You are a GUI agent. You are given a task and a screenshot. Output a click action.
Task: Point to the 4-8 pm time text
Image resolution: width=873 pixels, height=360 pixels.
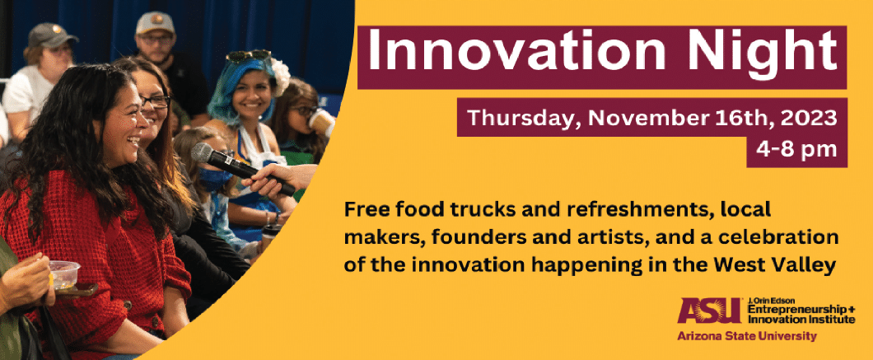796,150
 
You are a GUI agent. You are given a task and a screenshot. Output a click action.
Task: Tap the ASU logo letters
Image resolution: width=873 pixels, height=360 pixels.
709,311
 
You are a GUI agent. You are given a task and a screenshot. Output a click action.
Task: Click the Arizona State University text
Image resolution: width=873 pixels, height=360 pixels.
747,336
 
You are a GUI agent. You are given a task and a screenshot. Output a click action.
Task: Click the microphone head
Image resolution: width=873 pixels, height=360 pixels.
203,152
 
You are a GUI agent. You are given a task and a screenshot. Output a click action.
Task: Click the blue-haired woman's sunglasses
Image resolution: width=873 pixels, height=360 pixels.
249,56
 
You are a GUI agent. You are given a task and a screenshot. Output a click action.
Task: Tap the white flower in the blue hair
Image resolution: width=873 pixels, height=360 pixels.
279,76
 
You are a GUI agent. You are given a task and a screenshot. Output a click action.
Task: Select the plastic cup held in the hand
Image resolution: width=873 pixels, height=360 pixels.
64,274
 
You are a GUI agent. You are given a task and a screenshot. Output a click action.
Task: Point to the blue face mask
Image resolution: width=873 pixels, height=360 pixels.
215,180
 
